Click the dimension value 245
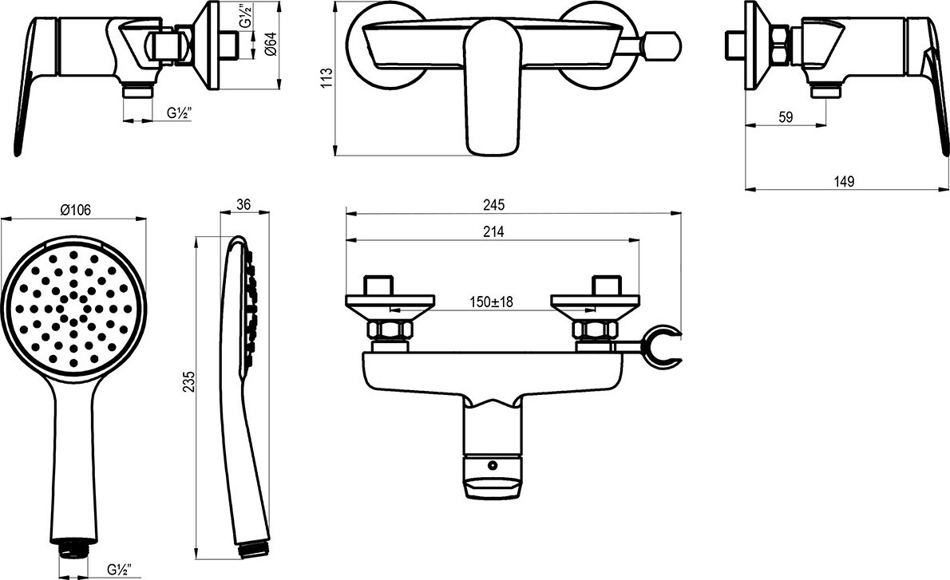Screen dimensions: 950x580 pyautogui.click(x=494, y=205)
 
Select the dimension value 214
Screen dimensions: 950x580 pyautogui.click(x=494, y=232)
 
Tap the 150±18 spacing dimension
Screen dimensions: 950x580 pyautogui.click(x=491, y=302)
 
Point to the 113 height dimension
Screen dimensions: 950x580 pyautogui.click(x=327, y=78)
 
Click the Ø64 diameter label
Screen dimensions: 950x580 pyautogui.click(x=271, y=45)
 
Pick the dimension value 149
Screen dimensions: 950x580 pyautogui.click(x=844, y=181)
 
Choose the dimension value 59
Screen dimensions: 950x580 pyautogui.click(x=786, y=117)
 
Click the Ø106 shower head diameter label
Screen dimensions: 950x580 pyautogui.click(x=75, y=210)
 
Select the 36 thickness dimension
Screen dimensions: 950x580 pyautogui.click(x=243, y=204)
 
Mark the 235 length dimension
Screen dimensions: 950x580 pyautogui.click(x=188, y=382)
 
